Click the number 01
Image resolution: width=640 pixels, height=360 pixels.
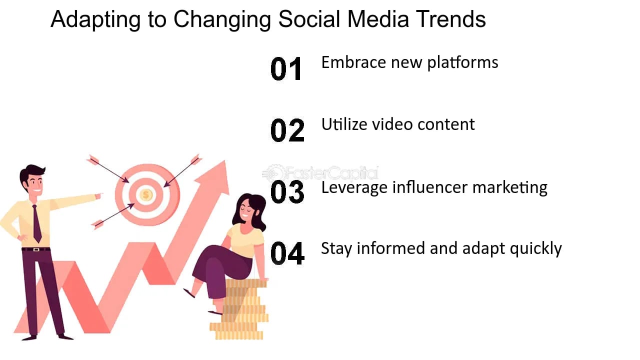coord(286,69)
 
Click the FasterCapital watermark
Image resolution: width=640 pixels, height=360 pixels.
coord(320,173)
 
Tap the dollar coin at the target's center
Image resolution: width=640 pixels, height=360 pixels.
coord(146,194)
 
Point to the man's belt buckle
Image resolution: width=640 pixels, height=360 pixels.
coord(36,249)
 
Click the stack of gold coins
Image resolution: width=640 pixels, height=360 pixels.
coord(239,310)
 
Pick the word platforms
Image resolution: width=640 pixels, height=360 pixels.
coord(462,62)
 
